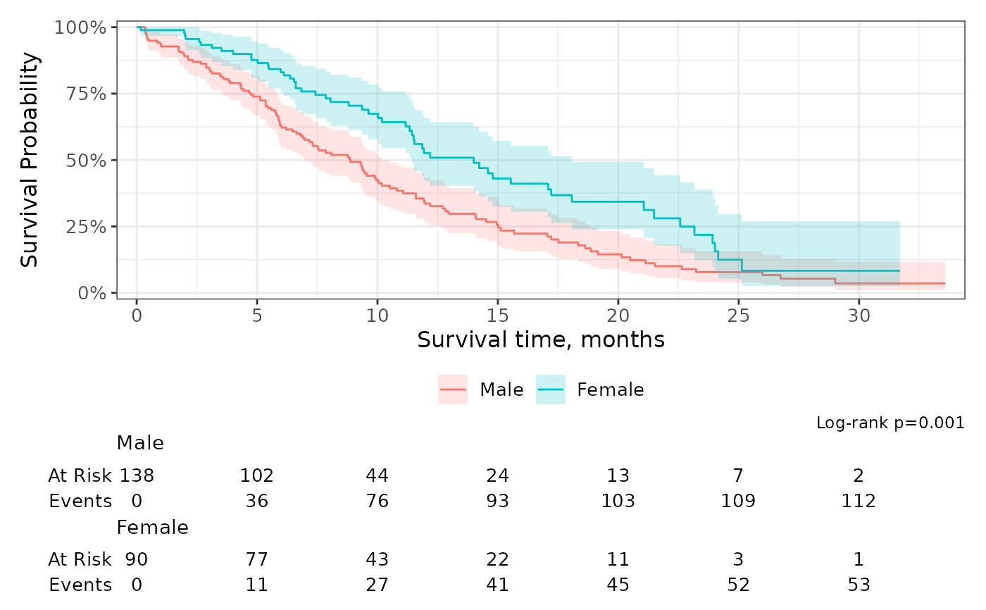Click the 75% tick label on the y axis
(x=86, y=94)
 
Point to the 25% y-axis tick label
(x=86, y=227)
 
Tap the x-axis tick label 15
(x=498, y=316)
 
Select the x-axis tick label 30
(x=859, y=316)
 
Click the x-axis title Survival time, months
(x=541, y=340)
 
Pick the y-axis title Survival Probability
(x=30, y=160)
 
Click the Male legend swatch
(x=452, y=390)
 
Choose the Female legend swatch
(x=551, y=390)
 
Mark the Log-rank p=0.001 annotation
(x=890, y=423)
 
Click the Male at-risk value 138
(x=137, y=475)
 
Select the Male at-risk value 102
(x=257, y=475)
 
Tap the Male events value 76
(x=377, y=501)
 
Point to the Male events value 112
(x=859, y=501)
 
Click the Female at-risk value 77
(x=257, y=559)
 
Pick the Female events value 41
(x=498, y=585)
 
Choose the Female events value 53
(x=859, y=585)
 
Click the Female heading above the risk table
(x=152, y=528)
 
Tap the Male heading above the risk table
(x=140, y=443)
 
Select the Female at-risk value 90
(x=137, y=559)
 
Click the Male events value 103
(x=618, y=501)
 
